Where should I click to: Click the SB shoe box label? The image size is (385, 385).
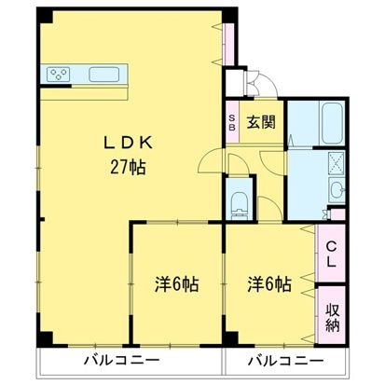pyautogui.click(x=233, y=123)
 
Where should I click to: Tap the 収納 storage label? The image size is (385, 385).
pyautogui.click(x=332, y=314)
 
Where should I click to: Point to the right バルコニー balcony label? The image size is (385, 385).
pyautogui.click(x=285, y=361)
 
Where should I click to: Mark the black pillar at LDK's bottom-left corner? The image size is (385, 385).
pyautogui.click(x=43, y=336)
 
